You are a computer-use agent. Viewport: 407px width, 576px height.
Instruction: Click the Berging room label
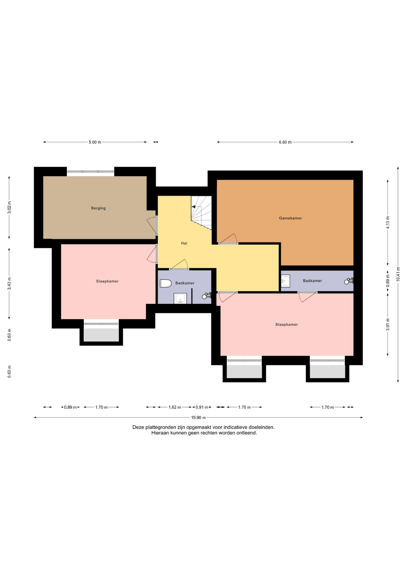(98, 208)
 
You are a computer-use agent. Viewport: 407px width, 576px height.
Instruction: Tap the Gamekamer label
(290, 218)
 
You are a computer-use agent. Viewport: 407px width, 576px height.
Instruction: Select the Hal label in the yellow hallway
(184, 243)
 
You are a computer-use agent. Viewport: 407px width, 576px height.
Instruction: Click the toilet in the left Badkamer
(165, 283)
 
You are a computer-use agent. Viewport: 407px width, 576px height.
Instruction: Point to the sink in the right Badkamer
(285, 281)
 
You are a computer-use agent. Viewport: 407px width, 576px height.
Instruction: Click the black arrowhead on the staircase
(194, 207)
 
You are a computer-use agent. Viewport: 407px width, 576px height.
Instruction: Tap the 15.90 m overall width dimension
(198, 417)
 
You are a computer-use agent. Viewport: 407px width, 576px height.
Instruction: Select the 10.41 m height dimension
(398, 274)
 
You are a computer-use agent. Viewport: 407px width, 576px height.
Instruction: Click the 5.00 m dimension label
(95, 142)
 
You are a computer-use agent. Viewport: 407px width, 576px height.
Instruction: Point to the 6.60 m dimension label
(285, 142)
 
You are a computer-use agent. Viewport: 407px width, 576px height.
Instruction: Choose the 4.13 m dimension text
(388, 223)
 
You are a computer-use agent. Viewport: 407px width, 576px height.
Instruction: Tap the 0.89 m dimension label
(70, 407)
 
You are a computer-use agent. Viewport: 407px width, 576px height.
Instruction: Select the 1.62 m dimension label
(175, 407)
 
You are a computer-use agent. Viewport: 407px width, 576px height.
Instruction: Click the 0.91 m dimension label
(202, 407)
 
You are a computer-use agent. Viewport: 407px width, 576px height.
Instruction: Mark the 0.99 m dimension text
(388, 281)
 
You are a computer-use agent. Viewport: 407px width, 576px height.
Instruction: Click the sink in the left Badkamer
(180, 298)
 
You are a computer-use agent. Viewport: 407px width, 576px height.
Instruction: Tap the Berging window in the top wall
(90, 172)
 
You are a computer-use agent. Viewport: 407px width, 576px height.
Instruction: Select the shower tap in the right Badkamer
(349, 281)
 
